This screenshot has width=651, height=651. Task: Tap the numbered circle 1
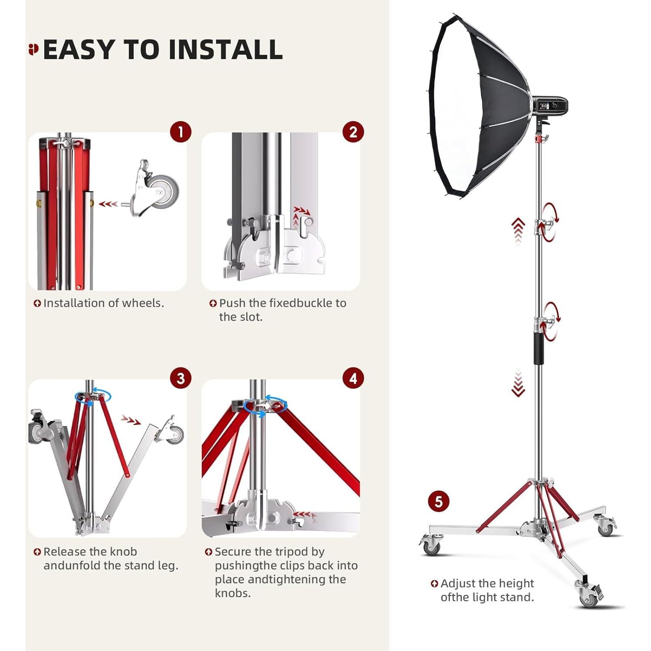[181, 132]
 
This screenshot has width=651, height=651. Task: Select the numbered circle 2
[353, 132]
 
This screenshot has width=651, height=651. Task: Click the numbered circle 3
[181, 378]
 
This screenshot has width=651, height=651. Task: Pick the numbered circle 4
[353, 378]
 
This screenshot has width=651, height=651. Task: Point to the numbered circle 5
[438, 502]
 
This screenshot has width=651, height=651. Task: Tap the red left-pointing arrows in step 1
[108, 204]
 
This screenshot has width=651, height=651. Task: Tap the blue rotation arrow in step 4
[266, 406]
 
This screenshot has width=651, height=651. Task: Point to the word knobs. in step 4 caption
[233, 593]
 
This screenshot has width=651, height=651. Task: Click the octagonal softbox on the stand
[477, 108]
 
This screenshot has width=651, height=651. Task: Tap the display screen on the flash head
[544, 106]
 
